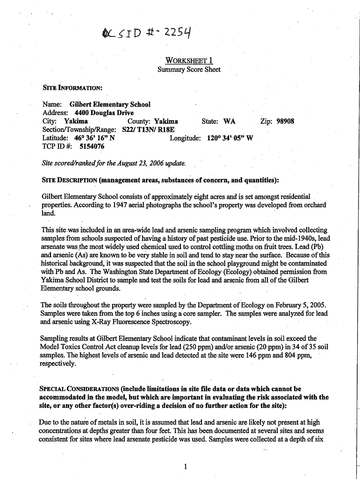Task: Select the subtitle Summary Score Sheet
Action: pyautogui.click(x=189, y=70)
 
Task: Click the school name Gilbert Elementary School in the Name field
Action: pyautogui.click(x=110, y=104)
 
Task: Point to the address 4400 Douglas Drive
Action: pyautogui.click(x=101, y=113)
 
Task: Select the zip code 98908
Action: pyautogui.click(x=284, y=121)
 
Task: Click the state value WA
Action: pyautogui.click(x=229, y=121)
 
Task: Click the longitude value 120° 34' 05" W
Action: pyautogui.click(x=230, y=138)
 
